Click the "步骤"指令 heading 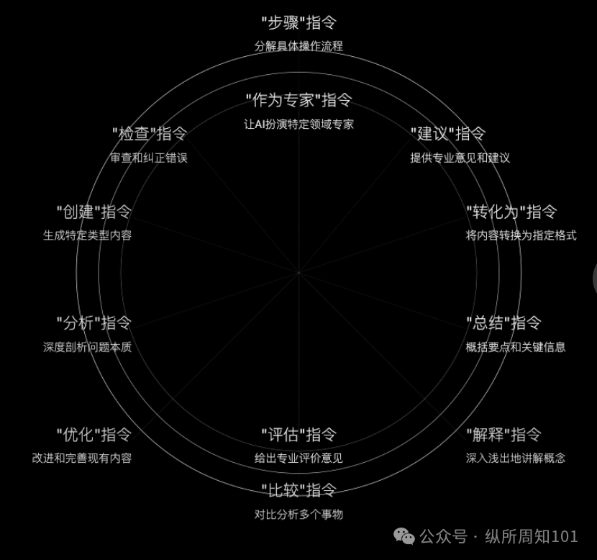point(298,23)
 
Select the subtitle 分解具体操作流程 point(298,46)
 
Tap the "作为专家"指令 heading point(298,100)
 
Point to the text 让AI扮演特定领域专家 point(298,124)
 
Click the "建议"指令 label point(448,134)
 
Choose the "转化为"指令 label point(511,212)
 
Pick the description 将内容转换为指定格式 point(521,235)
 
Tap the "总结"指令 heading point(503,323)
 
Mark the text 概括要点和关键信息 point(515,347)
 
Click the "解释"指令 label point(503,435)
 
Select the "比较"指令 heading point(298,491)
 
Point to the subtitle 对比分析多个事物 point(298,514)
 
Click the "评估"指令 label point(298,435)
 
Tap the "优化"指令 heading point(94,435)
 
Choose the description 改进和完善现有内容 point(82,458)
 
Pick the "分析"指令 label point(94,323)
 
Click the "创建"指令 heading point(94,212)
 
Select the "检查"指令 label point(150,134)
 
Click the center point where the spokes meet point(298,273)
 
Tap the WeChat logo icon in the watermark point(405,536)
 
